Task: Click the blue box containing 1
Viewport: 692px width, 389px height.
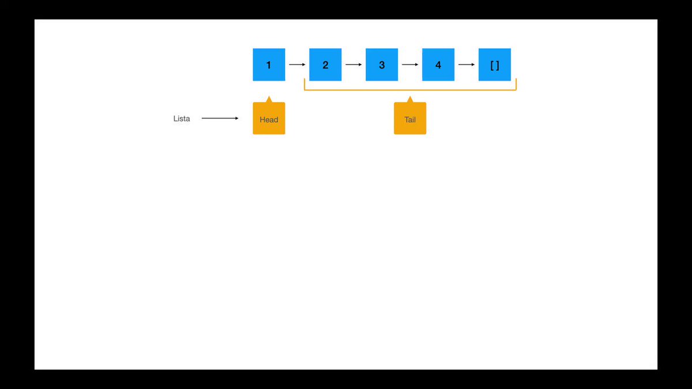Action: [x=269, y=65]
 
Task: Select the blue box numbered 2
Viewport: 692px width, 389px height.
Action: [x=325, y=65]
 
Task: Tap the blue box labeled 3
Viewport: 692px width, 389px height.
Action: [x=382, y=65]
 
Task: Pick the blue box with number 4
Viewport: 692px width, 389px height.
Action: [x=438, y=65]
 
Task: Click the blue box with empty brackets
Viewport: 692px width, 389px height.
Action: [x=495, y=65]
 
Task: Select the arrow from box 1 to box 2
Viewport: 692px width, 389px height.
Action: [x=297, y=65]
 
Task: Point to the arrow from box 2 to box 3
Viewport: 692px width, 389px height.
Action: [x=353, y=65]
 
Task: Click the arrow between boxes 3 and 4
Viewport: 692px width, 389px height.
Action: [x=410, y=65]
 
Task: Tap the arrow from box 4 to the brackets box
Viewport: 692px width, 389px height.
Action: [x=467, y=65]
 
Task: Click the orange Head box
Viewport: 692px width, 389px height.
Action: [x=269, y=118]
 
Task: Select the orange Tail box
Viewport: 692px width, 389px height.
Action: [x=410, y=118]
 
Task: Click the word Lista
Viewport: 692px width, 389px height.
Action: [x=182, y=119]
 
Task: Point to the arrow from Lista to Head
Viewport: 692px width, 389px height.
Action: [x=220, y=118]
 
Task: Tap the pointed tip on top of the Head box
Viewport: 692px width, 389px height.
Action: [x=269, y=96]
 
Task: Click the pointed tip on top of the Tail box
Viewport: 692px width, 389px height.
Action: [x=410, y=96]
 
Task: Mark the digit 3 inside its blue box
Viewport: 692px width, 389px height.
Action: [x=382, y=65]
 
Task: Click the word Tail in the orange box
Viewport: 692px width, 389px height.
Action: [x=410, y=119]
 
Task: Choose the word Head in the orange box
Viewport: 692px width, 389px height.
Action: [x=269, y=119]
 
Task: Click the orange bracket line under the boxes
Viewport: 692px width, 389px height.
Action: [x=410, y=90]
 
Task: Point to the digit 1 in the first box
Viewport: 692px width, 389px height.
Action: [x=269, y=65]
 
